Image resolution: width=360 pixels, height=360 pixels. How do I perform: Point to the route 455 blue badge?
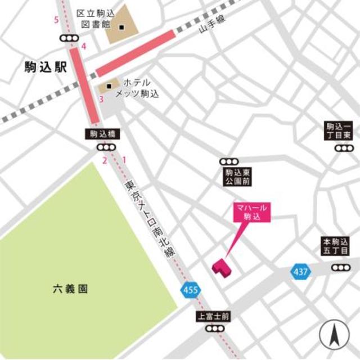tap(190, 290)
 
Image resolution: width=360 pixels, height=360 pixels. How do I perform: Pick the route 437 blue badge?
tap(300, 272)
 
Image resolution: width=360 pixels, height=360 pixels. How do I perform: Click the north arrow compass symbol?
tap(334, 336)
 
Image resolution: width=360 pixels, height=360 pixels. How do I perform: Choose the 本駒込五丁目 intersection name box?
tap(336, 245)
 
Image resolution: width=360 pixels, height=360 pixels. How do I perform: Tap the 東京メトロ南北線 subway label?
tap(147, 214)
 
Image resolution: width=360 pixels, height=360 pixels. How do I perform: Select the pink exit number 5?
tap(56, 20)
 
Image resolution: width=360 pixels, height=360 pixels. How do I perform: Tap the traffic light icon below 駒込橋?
tap(104, 147)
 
